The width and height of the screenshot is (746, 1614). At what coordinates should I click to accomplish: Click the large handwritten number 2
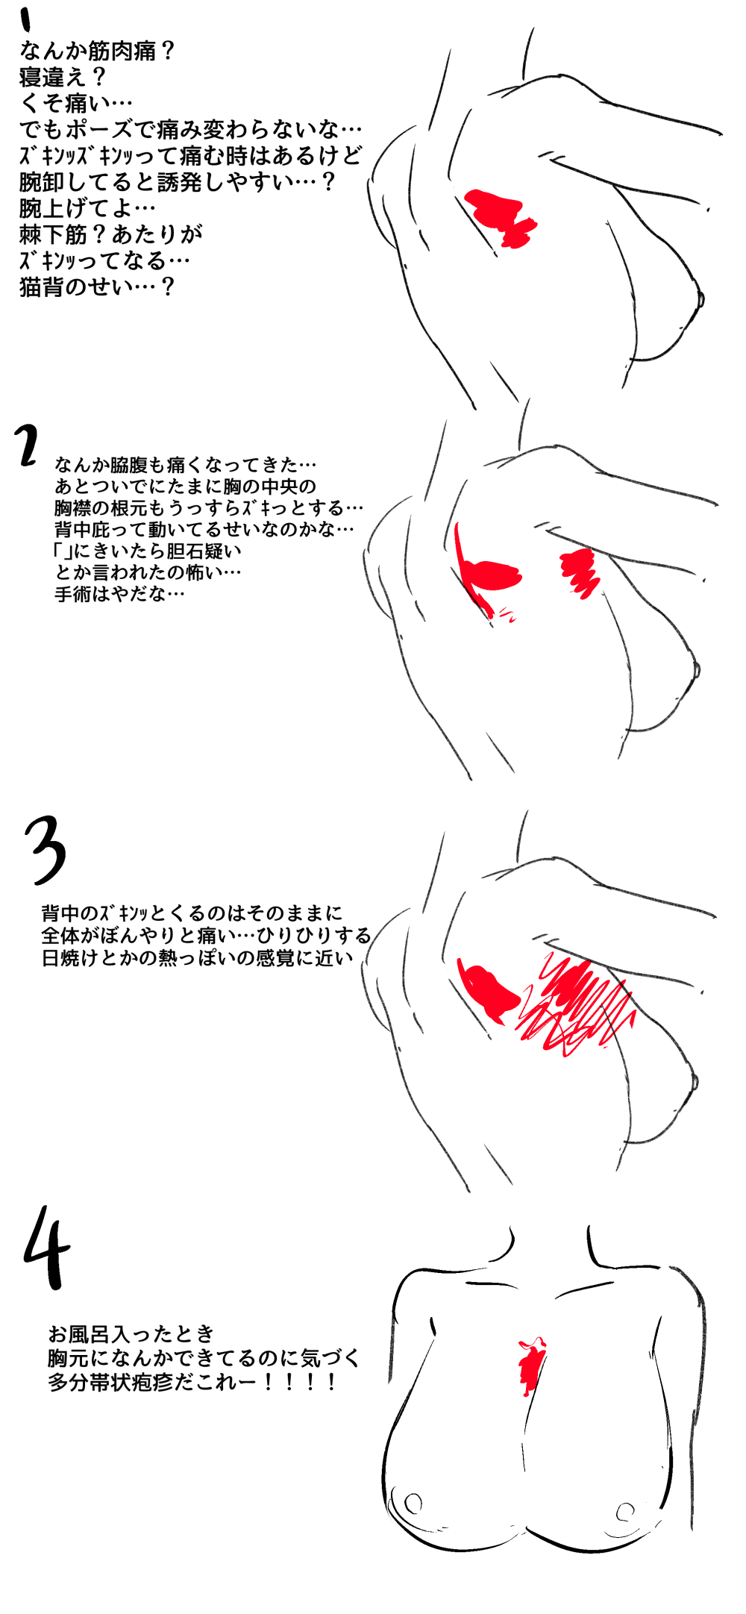click(x=28, y=445)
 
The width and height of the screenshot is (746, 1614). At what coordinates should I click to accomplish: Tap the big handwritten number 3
click(x=46, y=849)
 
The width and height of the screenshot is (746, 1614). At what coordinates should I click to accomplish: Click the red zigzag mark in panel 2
click(x=580, y=572)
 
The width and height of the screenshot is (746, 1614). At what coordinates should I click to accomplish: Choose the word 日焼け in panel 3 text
click(x=70, y=957)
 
